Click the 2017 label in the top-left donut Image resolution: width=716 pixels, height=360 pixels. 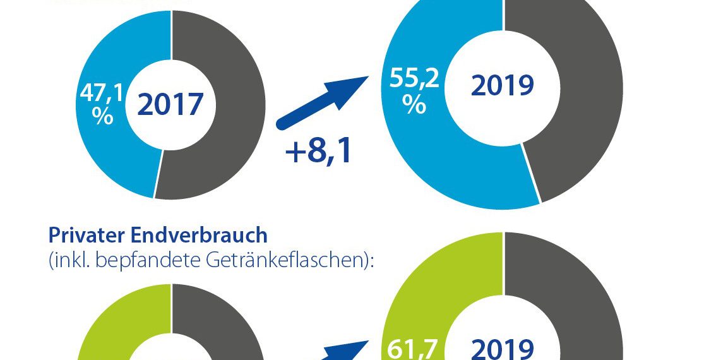coord(170,104)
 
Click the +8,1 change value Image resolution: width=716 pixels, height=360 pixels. coord(318,152)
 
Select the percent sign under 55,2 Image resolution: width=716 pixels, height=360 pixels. coord(414,104)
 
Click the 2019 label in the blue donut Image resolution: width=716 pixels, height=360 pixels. coord(503,85)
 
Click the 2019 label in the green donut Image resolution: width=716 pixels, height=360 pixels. coord(503,348)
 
